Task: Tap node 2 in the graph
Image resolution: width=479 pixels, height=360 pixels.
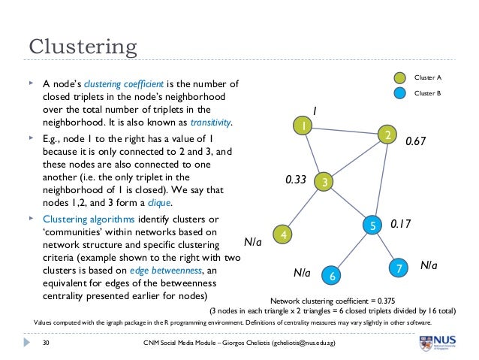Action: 387,135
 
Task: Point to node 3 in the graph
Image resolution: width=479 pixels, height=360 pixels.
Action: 324,181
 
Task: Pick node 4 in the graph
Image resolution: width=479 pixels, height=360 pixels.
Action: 283,235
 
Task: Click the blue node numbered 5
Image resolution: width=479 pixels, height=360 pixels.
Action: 372,225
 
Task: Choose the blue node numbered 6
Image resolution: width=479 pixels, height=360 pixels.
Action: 332,277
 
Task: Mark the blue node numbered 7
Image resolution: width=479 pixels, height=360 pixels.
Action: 399,268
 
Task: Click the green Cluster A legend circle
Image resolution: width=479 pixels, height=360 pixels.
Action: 399,77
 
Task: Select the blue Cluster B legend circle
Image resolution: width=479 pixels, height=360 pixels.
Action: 399,94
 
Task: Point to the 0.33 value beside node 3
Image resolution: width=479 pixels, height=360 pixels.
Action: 295,180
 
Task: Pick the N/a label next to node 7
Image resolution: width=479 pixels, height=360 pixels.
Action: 428,265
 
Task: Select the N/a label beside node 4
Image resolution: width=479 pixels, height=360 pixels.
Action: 254,242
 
